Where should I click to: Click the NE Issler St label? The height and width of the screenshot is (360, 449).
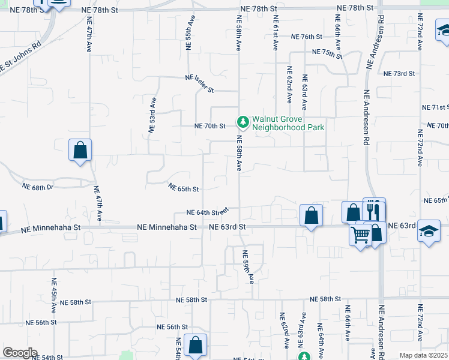point(200,83)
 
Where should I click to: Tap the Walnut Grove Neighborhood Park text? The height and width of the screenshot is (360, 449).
point(288,123)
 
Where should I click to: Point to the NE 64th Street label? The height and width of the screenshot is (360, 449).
point(208,212)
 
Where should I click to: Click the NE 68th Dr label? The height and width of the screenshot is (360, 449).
point(38,187)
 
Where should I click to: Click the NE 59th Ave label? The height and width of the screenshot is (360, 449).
point(248,266)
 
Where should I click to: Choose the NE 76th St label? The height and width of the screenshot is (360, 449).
point(307,37)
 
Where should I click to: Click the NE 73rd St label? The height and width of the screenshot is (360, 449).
point(400,73)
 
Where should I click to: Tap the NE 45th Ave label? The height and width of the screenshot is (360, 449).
point(54,293)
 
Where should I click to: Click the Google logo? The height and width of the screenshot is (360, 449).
point(20,353)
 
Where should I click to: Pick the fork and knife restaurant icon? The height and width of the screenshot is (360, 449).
point(374,210)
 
